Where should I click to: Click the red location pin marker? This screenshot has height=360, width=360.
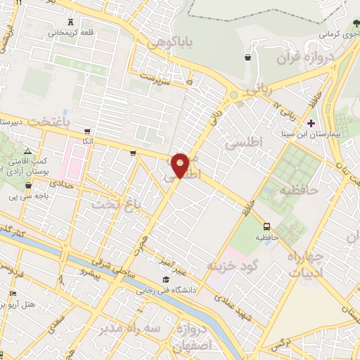(x=181, y=165)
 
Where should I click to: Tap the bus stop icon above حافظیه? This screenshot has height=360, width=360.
(x=266, y=226)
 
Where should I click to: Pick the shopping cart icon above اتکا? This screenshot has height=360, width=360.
(x=86, y=131)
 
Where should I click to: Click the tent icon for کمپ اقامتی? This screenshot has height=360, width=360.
(x=27, y=150)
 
